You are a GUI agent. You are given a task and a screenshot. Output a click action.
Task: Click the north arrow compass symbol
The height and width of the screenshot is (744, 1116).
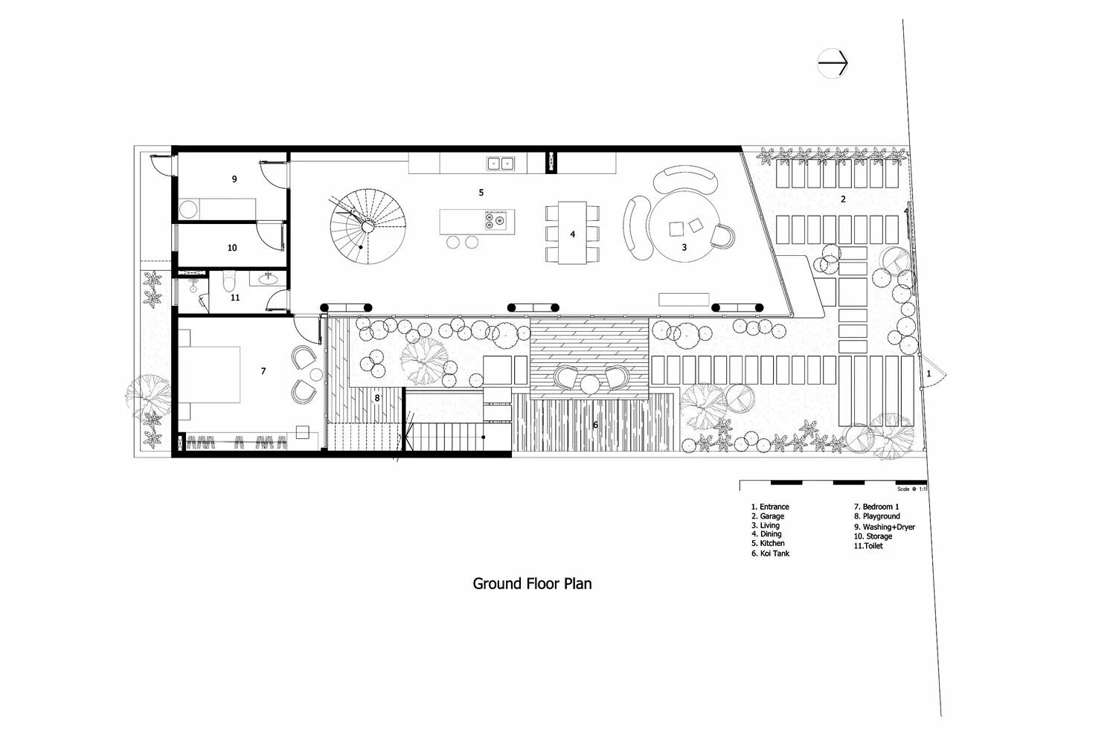coord(833,64)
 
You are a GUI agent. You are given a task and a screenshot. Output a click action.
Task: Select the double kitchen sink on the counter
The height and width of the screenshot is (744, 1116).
coord(501,163)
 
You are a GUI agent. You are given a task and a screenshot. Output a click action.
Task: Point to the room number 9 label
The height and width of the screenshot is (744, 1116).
coord(234,179)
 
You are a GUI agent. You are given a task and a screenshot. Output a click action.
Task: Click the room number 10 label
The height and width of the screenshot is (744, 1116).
coord(232,248)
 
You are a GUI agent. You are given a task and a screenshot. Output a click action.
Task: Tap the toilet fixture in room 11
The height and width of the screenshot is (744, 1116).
coord(230,281)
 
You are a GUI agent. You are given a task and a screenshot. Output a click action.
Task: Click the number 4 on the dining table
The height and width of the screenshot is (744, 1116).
coord(572,234)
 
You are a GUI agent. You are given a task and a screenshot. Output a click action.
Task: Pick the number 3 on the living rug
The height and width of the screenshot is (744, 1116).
coord(684,246)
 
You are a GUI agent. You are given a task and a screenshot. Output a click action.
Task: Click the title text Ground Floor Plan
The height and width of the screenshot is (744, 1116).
coord(533,583)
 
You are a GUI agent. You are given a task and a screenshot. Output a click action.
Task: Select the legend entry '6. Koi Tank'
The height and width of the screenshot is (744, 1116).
coord(770,554)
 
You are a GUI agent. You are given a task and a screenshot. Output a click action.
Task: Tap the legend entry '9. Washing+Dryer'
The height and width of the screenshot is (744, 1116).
coord(884,527)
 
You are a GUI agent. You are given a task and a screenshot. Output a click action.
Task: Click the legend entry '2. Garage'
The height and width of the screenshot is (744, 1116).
coord(767,516)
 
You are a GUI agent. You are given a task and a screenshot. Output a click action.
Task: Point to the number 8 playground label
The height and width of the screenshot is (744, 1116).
coord(377,398)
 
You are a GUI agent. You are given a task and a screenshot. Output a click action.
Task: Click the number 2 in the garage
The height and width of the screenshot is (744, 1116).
coord(843,199)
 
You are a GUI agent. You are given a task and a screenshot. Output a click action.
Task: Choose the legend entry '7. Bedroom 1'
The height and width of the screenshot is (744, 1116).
coord(876,507)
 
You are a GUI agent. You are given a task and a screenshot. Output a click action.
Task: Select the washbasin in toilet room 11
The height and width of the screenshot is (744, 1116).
coord(268,280)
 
